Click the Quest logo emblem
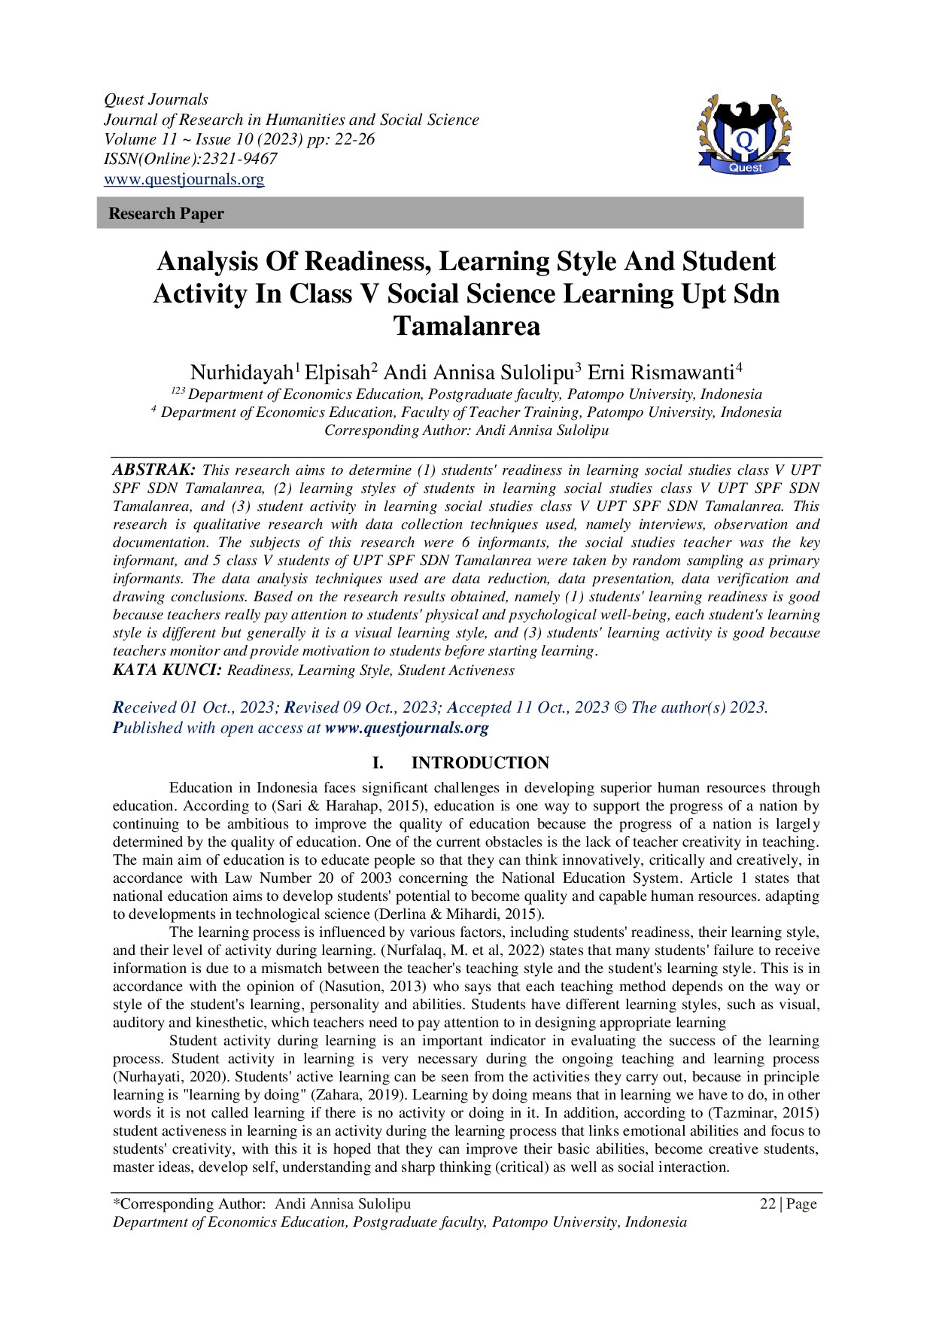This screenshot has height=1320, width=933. point(744,135)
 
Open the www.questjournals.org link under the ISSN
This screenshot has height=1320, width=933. point(184,179)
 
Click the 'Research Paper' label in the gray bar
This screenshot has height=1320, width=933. point(166,214)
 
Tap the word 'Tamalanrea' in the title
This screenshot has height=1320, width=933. point(466,327)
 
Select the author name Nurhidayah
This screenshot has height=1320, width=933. point(242,373)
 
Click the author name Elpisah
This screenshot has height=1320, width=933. point(338,373)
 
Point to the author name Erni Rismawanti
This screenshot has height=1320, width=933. point(661,373)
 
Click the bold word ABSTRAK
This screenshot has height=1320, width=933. point(154,470)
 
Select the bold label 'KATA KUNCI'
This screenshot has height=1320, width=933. point(167,670)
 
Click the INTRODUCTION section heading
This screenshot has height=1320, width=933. point(480,763)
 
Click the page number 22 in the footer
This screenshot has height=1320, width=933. point(767,1204)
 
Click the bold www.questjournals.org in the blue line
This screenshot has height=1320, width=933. point(406,728)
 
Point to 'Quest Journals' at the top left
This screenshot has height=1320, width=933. point(156,99)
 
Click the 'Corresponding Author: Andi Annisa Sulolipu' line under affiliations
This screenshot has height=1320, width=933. point(466,430)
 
